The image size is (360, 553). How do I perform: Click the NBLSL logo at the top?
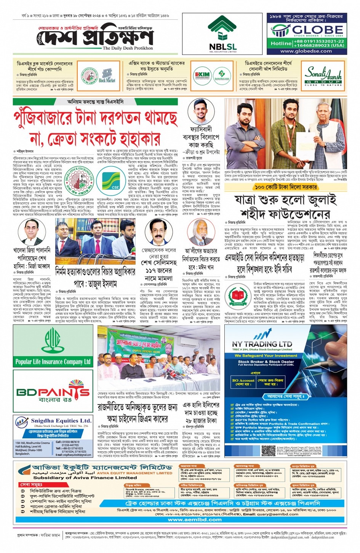click(222, 34)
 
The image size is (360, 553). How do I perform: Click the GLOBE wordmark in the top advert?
click(312, 30)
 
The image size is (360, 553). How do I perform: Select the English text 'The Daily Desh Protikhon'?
click(128, 48)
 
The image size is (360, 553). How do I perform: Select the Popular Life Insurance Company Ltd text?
click(53, 361)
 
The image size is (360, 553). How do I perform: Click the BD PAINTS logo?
click(53, 392)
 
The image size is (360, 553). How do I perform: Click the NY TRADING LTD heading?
click(262, 344)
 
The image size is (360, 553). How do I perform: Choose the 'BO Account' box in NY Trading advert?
click(243, 382)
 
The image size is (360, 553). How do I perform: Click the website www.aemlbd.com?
click(195, 519)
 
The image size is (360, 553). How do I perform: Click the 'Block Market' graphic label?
click(107, 80)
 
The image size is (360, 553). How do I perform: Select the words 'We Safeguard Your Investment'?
click(266, 355)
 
